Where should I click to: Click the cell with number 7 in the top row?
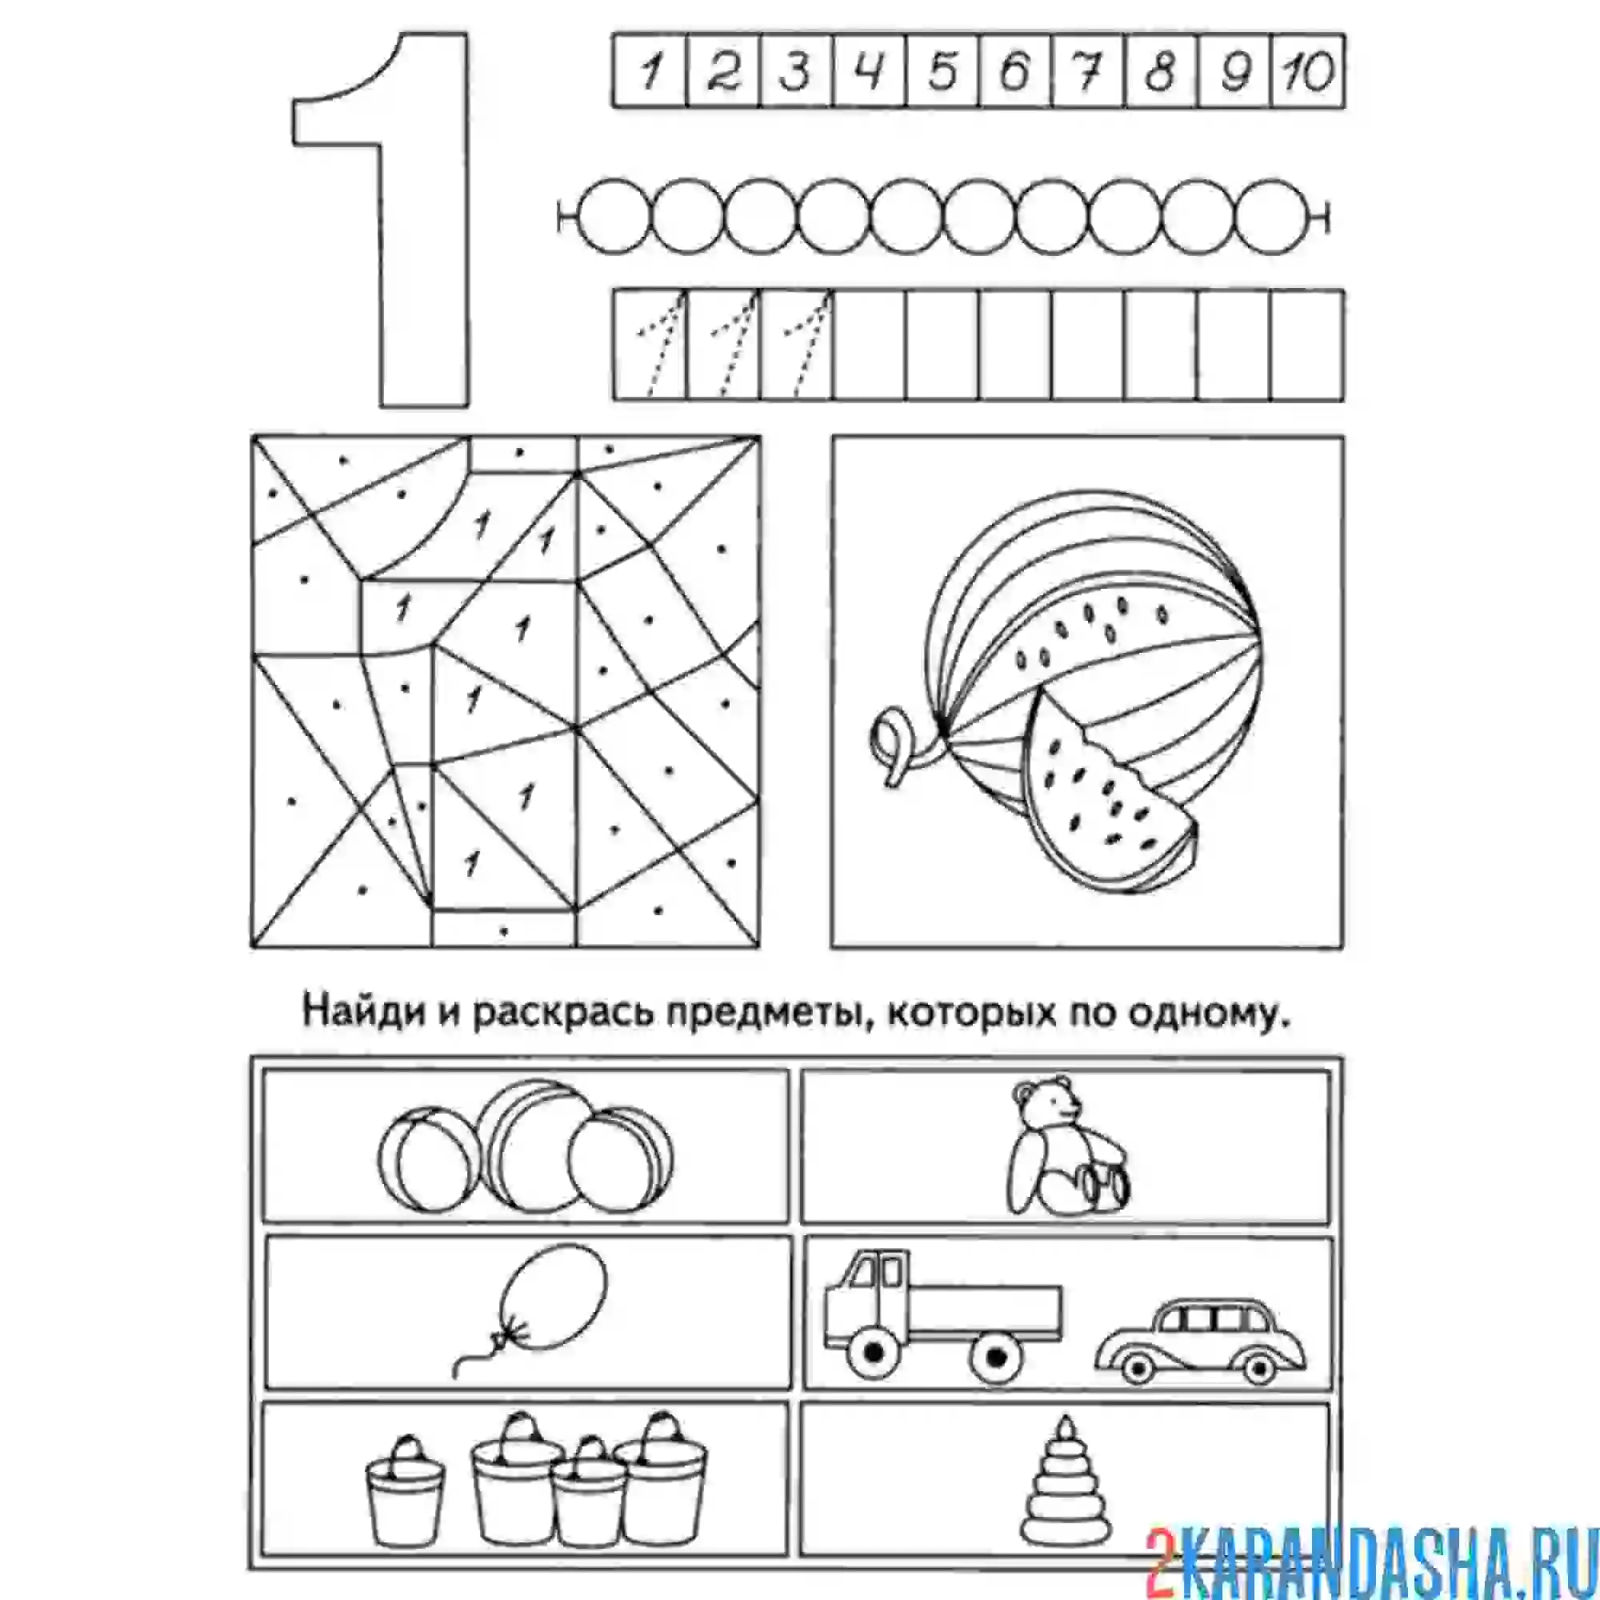(x=1089, y=70)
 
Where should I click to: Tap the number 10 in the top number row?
(x=1308, y=70)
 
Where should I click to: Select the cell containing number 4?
(x=870, y=70)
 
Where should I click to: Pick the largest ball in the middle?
(x=538, y=1146)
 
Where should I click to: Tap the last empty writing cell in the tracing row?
(x=1307, y=345)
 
